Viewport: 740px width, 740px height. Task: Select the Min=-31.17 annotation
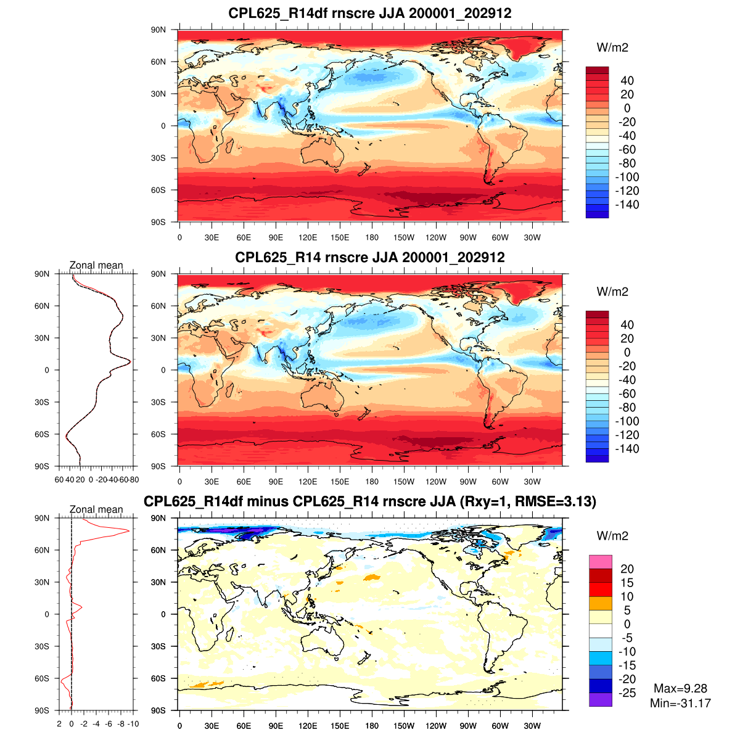point(680,703)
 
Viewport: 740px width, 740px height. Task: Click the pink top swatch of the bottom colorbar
point(600,562)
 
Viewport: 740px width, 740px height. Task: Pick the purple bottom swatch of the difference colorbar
point(600,699)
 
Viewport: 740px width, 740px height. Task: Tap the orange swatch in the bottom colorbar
point(600,603)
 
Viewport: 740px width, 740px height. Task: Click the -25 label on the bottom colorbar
point(627,693)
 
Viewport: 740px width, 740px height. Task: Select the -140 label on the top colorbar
point(627,205)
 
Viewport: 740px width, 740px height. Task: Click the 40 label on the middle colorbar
point(627,325)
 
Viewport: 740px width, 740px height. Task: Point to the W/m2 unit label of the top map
point(612,47)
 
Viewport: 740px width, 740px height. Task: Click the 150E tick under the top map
point(340,237)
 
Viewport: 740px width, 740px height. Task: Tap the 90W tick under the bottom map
point(468,726)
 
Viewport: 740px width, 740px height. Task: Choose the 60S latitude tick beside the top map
point(158,190)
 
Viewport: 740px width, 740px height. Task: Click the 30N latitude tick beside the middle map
point(158,338)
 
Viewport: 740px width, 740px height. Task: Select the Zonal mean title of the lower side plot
point(96,509)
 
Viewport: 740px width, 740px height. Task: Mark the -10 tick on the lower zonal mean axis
point(133,724)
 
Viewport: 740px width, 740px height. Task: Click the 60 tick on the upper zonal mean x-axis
point(59,479)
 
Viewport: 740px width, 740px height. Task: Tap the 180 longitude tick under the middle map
point(372,482)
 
